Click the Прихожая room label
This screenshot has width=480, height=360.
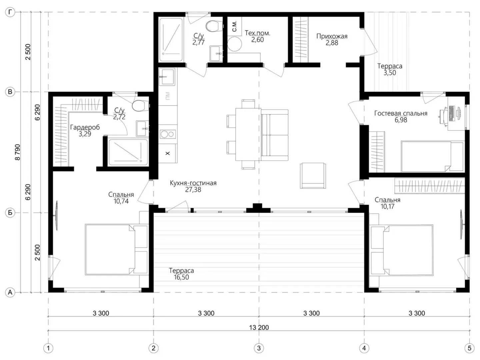332,36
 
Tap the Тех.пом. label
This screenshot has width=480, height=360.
257,33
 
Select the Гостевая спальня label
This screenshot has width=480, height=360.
401,113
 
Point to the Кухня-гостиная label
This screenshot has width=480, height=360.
193,183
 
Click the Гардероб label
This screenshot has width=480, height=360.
85,127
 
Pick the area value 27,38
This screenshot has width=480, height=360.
193,190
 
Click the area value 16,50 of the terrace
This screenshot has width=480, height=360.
181,277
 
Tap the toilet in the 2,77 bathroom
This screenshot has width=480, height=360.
214,26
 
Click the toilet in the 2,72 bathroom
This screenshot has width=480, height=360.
141,106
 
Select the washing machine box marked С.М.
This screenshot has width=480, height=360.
234,26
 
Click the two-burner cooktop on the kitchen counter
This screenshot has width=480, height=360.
168,134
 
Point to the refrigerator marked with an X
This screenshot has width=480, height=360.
168,153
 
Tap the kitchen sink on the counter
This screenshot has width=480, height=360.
167,77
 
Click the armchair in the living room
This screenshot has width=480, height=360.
313,176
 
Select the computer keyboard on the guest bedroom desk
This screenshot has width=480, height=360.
451,113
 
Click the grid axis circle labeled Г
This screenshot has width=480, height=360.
10,12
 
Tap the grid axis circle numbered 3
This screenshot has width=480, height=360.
259,348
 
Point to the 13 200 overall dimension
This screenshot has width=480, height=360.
259,328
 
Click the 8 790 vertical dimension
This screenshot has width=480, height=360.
17,152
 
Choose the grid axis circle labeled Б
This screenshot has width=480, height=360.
10,213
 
